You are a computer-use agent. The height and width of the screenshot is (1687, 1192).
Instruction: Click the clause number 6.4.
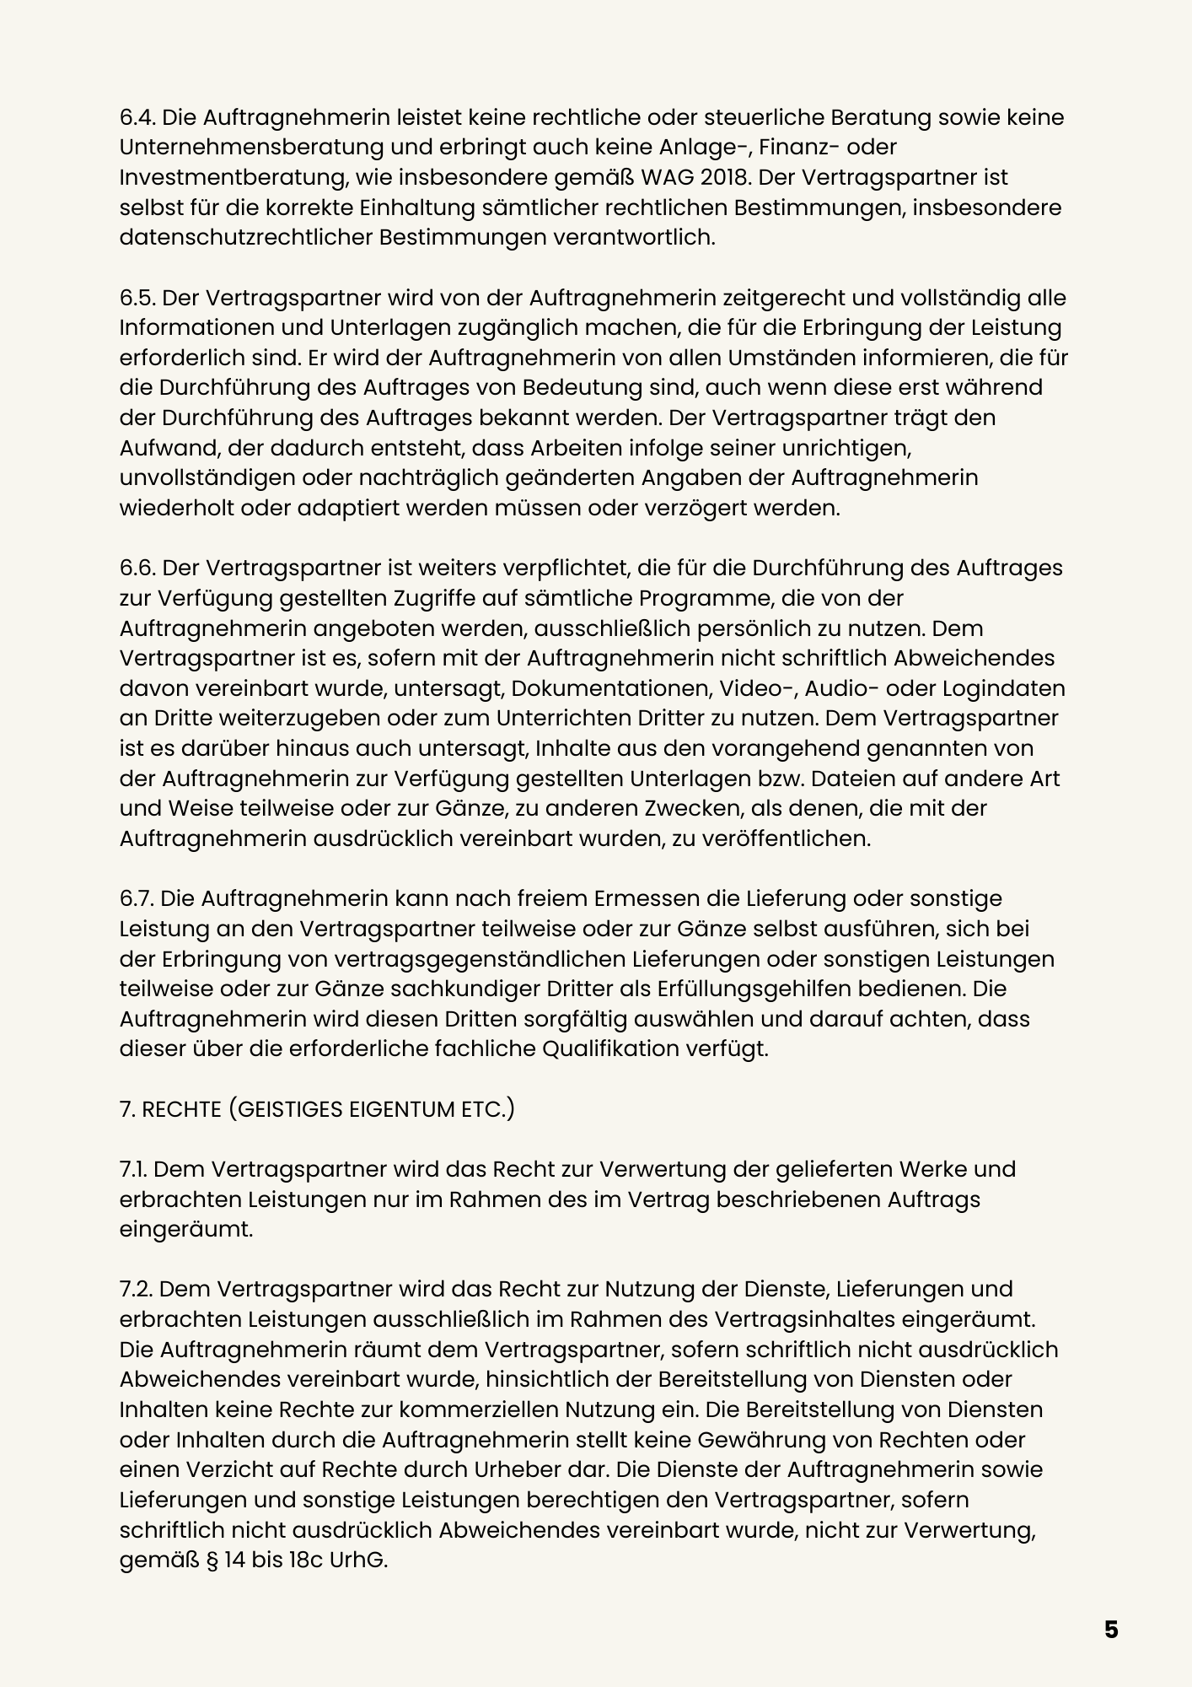pyautogui.click(x=137, y=117)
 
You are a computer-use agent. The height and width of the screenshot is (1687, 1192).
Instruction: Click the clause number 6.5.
pyautogui.click(x=137, y=299)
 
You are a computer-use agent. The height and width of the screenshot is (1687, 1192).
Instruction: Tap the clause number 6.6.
pyautogui.click(x=137, y=569)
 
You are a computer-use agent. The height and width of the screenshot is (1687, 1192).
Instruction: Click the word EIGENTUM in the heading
pyautogui.click(x=401, y=1109)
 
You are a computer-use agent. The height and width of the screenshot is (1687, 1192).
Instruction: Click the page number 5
pyautogui.click(x=1111, y=1630)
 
